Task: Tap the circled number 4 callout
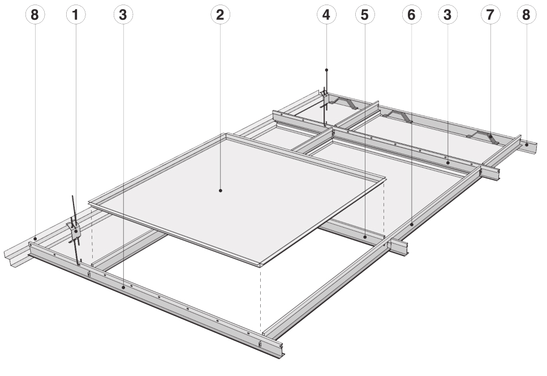tap(326, 16)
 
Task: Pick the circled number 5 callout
tap(365, 16)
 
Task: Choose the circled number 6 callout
tap(412, 16)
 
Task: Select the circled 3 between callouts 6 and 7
tap(448, 16)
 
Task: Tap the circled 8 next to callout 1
tap(36, 16)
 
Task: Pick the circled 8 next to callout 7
tap(527, 16)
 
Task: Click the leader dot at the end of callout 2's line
tap(221, 191)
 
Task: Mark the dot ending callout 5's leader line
tap(365, 237)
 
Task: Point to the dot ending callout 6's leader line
tap(412, 225)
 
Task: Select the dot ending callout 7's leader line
tap(490, 136)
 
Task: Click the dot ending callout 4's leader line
tap(326, 70)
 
